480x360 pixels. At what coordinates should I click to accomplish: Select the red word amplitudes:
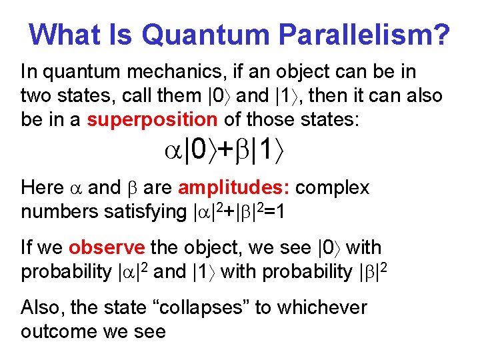click(234, 188)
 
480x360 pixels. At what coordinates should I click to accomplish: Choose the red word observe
click(107, 248)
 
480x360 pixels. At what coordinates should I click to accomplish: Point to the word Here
click(41, 188)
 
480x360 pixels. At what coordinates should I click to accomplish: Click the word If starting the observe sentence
click(27, 248)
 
